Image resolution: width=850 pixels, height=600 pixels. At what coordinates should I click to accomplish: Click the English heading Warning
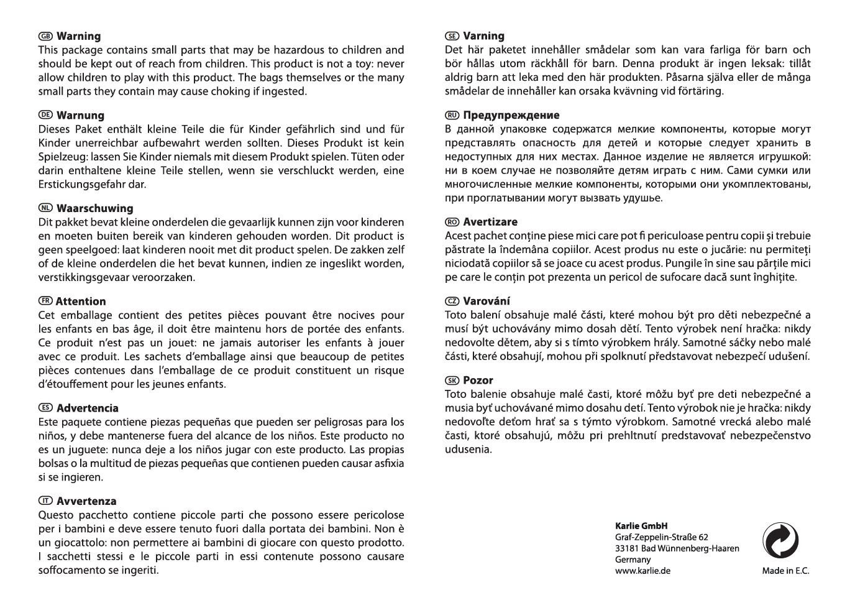pos(78,36)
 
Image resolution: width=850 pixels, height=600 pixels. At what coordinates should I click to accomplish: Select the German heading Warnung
pos(80,116)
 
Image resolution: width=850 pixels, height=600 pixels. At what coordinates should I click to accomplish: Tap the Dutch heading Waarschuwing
pos(94,208)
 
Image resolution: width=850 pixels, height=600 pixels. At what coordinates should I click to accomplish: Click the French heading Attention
pos(81,302)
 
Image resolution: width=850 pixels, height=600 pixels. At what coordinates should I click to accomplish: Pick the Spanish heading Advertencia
pos(87,408)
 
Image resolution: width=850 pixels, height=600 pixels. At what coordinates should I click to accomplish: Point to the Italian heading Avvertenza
pos(86,501)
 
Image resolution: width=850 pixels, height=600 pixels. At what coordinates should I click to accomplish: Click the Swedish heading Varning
pos(484,36)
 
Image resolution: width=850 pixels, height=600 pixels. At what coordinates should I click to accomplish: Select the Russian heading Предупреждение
pos(511,115)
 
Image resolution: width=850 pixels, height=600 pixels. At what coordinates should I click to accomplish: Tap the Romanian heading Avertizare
pos(490,222)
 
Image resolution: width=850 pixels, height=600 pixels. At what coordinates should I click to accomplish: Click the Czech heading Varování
pos(487,301)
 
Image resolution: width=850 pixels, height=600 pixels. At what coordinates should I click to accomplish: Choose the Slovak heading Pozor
pos(478,381)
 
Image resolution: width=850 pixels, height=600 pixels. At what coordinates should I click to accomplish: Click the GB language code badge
pos(45,36)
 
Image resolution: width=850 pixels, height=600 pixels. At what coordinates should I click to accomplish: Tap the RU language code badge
pos(452,115)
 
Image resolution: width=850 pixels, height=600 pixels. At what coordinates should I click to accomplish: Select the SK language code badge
pos(452,381)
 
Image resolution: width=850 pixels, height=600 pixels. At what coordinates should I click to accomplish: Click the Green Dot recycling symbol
pos(780,540)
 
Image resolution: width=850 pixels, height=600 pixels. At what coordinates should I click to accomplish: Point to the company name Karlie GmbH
pos(641,526)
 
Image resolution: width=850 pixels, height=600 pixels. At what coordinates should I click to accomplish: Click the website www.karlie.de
pos(642,571)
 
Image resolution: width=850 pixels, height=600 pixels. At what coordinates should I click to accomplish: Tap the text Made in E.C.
pos(785,571)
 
